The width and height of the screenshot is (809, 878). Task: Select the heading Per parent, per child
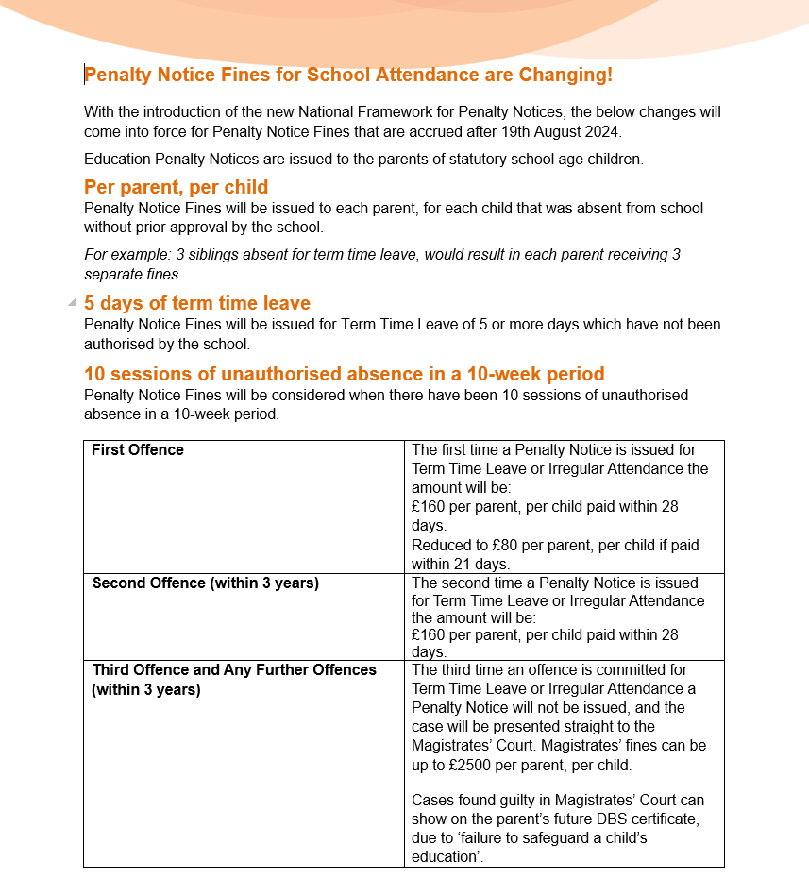(x=176, y=187)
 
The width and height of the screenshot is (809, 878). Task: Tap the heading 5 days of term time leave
(x=196, y=303)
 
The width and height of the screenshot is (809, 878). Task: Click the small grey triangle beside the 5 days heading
(x=72, y=303)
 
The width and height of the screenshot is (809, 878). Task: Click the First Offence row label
(x=138, y=450)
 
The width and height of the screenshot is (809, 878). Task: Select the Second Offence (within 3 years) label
(x=206, y=583)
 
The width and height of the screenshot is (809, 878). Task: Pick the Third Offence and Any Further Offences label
(x=234, y=670)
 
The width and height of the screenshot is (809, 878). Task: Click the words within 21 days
(x=461, y=564)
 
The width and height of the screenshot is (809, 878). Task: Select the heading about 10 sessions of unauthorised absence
(x=344, y=374)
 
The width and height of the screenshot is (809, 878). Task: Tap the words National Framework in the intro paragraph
(x=362, y=112)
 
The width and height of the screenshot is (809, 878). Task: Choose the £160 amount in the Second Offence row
(x=430, y=635)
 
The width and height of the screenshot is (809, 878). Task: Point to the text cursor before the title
(x=85, y=75)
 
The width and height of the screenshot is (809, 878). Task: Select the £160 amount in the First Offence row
(x=430, y=507)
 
